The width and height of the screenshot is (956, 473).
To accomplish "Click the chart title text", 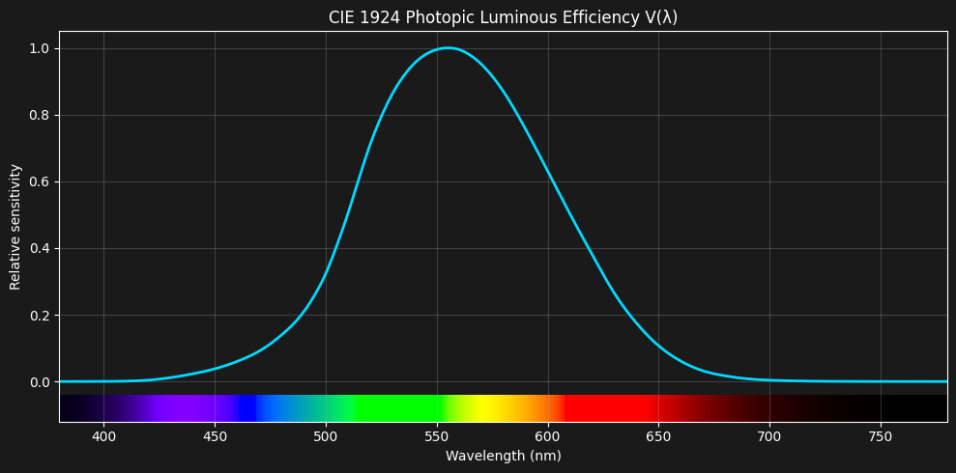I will click(503, 17).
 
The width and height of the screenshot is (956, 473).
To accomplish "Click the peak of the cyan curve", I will click(447, 47).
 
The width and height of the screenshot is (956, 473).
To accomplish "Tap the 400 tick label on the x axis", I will click(103, 436).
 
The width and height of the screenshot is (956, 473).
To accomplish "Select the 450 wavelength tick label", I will click(215, 436).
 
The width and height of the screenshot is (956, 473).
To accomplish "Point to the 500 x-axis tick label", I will click(326, 436).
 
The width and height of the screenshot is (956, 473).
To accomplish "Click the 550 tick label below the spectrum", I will click(437, 436).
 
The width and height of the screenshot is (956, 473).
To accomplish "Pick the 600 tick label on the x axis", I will click(548, 436).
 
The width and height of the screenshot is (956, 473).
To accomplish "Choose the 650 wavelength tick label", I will click(659, 436).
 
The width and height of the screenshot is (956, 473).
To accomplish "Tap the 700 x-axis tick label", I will click(769, 436).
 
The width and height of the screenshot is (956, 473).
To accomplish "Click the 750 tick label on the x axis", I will click(881, 436).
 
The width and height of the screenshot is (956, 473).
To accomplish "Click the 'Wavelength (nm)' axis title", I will click(503, 456).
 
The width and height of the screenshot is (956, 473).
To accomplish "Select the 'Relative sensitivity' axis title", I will click(15, 227).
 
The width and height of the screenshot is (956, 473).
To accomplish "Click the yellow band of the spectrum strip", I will click(491, 408).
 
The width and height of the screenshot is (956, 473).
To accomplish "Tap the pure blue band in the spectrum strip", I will click(248, 408).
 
